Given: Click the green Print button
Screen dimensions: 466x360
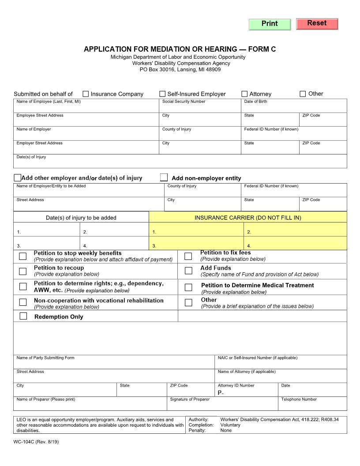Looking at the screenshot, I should pyautogui.click(x=270, y=24).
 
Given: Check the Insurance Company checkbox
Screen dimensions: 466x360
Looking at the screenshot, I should pyautogui.click(x=86, y=94).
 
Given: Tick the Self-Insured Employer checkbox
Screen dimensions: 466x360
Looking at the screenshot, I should pyautogui.click(x=162, y=94).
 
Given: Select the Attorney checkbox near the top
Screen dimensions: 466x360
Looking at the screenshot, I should pyautogui.click(x=244, y=94).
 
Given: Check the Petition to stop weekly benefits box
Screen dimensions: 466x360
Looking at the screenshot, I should pyautogui.click(x=23, y=256).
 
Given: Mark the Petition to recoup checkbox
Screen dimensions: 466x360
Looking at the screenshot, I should pyautogui.click(x=23, y=271).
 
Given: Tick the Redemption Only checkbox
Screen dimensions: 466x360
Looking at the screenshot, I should pyautogui.click(x=23, y=316).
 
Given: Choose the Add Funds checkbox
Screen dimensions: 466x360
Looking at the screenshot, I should pyautogui.click(x=188, y=271).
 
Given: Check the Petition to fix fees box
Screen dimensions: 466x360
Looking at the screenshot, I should pyautogui.click(x=188, y=256).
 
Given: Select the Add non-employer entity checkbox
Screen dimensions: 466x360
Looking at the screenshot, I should pyautogui.click(x=164, y=177).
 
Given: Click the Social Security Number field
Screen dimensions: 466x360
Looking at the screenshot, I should pyautogui.click(x=200, y=108).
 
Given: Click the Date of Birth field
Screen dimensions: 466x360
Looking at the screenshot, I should pyautogui.click(x=294, y=108).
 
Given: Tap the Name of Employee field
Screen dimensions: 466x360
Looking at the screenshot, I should pyautogui.click(x=86, y=108).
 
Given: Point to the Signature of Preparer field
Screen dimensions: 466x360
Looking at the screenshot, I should pyautogui.click(x=222, y=406).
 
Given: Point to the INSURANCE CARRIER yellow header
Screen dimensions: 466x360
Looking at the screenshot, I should pyautogui.click(x=248, y=218).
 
